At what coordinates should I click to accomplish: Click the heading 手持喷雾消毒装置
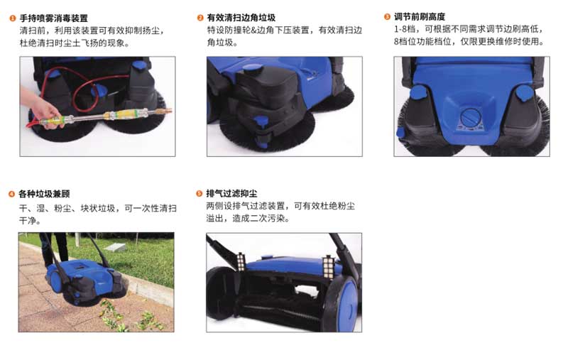point(54,18)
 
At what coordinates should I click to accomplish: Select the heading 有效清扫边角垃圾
point(241,17)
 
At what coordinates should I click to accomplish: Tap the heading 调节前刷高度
point(420,16)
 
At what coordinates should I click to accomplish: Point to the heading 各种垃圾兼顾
point(44,194)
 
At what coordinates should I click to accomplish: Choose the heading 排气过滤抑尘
point(231,193)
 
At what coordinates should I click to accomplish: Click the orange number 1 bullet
point(13,18)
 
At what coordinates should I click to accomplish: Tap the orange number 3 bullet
point(387,16)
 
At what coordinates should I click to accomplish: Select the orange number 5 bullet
point(200,193)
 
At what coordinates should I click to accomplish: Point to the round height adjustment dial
point(471,117)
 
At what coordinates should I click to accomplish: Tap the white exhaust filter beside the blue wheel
point(329,267)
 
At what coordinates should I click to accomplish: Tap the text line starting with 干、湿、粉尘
point(98,208)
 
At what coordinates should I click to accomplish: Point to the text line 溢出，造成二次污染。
point(248,219)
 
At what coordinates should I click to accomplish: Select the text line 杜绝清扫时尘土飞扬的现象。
point(75,43)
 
